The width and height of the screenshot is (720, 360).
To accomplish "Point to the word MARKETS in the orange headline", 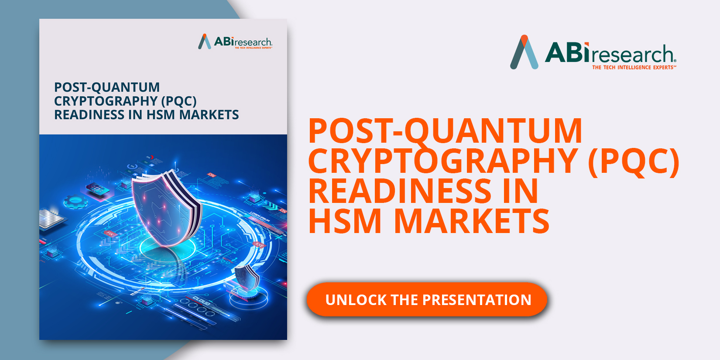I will coord(471,221).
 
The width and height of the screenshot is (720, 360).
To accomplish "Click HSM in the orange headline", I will coord(345,221).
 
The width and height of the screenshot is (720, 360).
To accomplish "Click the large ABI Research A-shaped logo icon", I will coord(524,52).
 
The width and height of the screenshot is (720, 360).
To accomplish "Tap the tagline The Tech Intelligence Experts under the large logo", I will coord(634,68).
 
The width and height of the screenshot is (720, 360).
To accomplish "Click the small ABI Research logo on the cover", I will coord(235,42).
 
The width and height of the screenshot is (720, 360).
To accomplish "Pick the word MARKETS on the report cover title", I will coord(209,115).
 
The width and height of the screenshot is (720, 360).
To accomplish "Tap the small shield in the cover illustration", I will coord(247,278).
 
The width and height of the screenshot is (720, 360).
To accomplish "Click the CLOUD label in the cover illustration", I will coord(201,301).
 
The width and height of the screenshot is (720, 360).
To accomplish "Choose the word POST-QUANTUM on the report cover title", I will coord(107,87).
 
